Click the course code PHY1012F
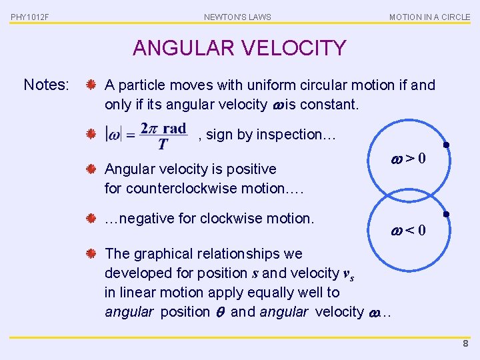[x=29, y=17]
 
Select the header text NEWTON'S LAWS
[x=237, y=17]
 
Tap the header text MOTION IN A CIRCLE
[x=429, y=17]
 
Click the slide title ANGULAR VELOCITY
[x=239, y=48]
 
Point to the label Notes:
[x=46, y=85]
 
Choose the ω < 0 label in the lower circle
[x=407, y=231]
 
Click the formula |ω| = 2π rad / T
[x=146, y=135]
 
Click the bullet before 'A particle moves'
[x=92, y=85]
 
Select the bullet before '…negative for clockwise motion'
[x=92, y=218]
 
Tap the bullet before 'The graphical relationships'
[x=92, y=254]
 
